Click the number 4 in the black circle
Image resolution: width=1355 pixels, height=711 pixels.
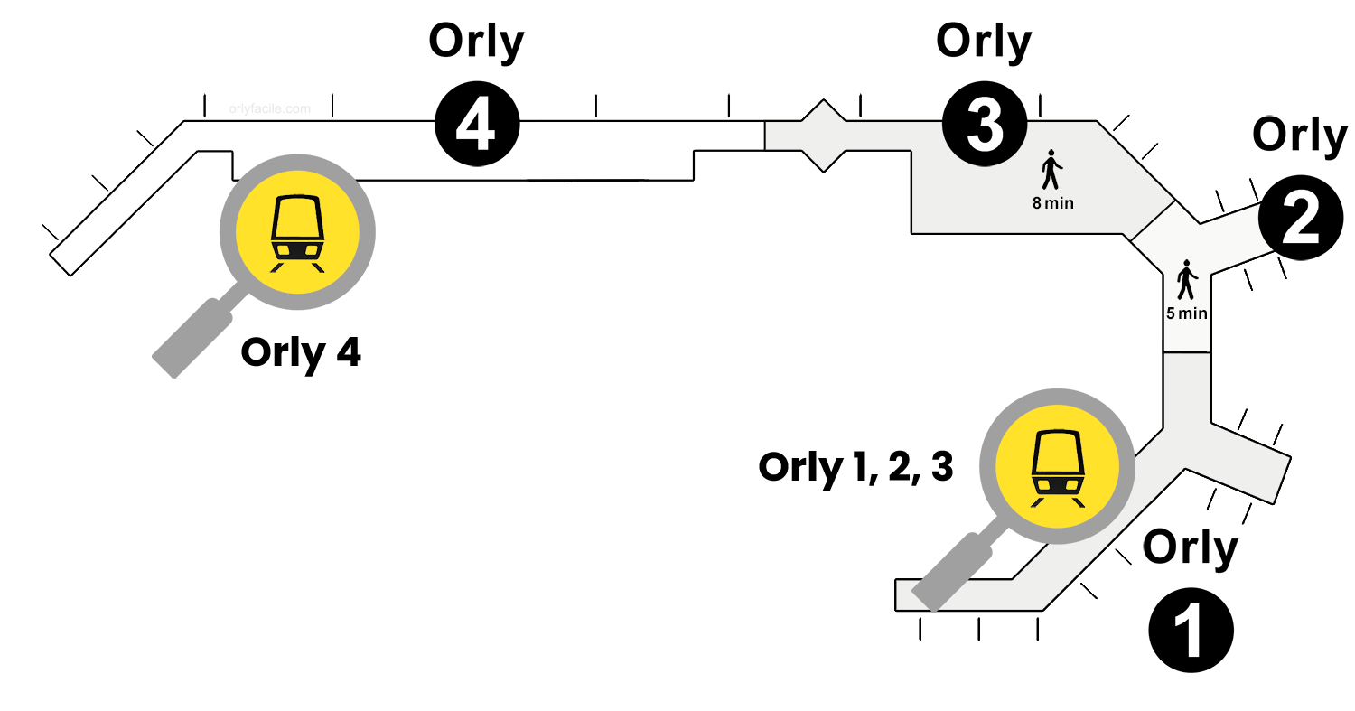pyautogui.click(x=475, y=127)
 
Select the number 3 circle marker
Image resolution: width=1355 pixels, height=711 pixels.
pyautogui.click(x=985, y=127)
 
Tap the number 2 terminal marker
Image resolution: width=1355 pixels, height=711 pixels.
pyautogui.click(x=1300, y=220)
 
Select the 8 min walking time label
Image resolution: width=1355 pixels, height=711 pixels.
pyautogui.click(x=1053, y=203)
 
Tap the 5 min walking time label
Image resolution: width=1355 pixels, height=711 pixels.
pyautogui.click(x=1186, y=314)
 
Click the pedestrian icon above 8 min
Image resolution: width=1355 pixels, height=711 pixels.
pyautogui.click(x=1051, y=169)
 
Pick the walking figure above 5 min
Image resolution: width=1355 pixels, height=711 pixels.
pyautogui.click(x=1186, y=279)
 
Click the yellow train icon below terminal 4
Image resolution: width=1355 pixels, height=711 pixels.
pyautogui.click(x=297, y=233)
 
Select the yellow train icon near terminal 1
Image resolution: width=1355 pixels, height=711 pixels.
pyautogui.click(x=1057, y=466)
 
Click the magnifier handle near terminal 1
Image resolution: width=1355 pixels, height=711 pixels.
pyautogui.click(x=951, y=572)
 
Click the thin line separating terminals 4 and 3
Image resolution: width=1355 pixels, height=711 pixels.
pyautogui.click(x=765, y=135)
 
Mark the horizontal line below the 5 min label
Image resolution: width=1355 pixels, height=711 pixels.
pyautogui.click(x=1186, y=352)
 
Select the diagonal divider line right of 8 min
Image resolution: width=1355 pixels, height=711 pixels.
pyautogui.click(x=1152, y=220)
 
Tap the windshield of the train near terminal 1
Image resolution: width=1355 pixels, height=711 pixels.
pyautogui.click(x=1057, y=453)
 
